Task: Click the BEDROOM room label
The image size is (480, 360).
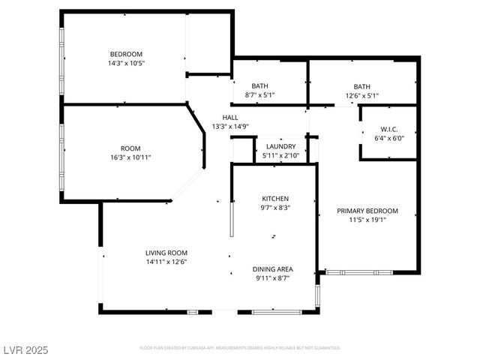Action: click(126, 54)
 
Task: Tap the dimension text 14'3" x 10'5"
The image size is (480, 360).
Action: click(126, 64)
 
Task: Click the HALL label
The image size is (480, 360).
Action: click(229, 118)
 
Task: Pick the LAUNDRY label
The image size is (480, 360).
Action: click(280, 146)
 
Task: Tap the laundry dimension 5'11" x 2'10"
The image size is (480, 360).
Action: click(280, 155)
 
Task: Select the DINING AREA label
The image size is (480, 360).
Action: click(272, 268)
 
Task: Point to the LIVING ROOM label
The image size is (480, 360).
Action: click(166, 253)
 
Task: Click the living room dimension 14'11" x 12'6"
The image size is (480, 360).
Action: click(166, 262)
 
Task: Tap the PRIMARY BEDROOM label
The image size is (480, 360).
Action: click(367, 211)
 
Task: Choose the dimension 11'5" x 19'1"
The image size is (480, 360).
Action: click(367, 220)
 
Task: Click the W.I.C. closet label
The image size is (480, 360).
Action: click(388, 129)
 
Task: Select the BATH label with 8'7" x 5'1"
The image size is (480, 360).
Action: click(260, 86)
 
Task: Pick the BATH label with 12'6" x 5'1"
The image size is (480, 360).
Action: click(362, 86)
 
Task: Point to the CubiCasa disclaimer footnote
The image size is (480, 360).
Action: click(240, 348)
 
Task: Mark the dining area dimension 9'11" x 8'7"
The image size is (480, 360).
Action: click(272, 278)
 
